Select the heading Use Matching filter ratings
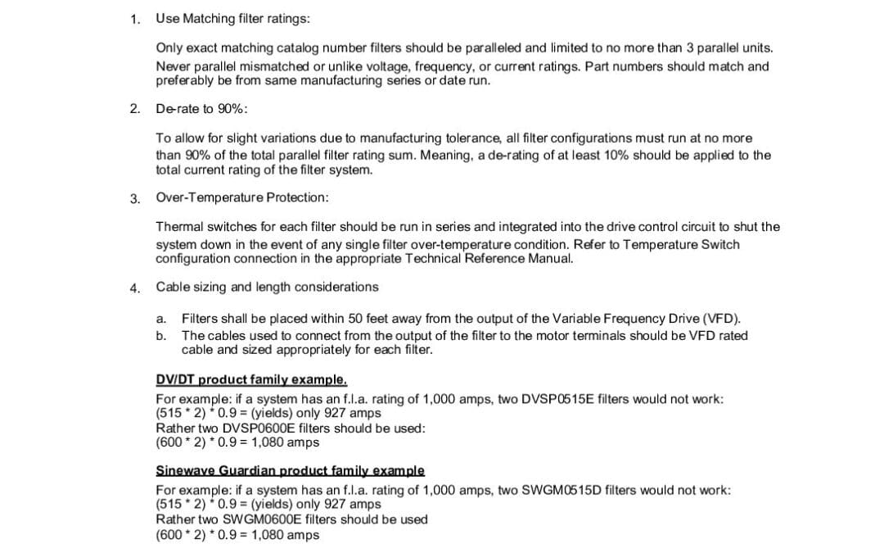tap(232, 18)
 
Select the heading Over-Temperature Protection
tap(242, 197)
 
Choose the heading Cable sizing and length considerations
tap(267, 287)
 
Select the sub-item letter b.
tap(160, 335)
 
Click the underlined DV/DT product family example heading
tap(251, 379)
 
